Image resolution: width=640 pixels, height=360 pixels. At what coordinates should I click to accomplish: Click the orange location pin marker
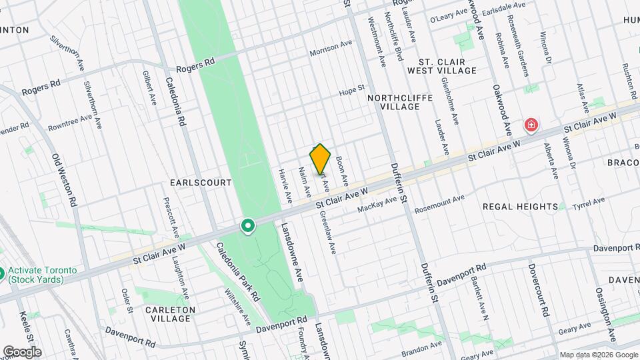[321, 159]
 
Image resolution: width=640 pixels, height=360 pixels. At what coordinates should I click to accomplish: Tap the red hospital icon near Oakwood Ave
[531, 125]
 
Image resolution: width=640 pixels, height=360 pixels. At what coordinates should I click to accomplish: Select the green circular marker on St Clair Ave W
[248, 227]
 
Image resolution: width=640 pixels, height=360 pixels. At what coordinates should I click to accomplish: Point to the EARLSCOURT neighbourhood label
[201, 182]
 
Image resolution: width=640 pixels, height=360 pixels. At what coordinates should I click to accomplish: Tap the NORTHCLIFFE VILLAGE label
[400, 102]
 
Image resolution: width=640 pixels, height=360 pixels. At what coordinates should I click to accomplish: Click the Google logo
[22, 351]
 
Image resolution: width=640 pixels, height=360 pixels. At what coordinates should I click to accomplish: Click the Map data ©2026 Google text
[597, 354]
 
